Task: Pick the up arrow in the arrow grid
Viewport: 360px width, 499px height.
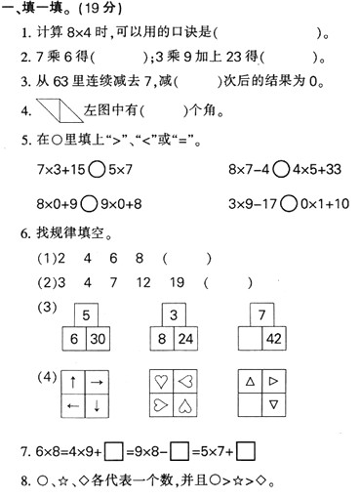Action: pyautogui.click(x=74, y=381)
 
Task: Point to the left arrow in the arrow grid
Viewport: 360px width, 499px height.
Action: pyautogui.click(x=74, y=405)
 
